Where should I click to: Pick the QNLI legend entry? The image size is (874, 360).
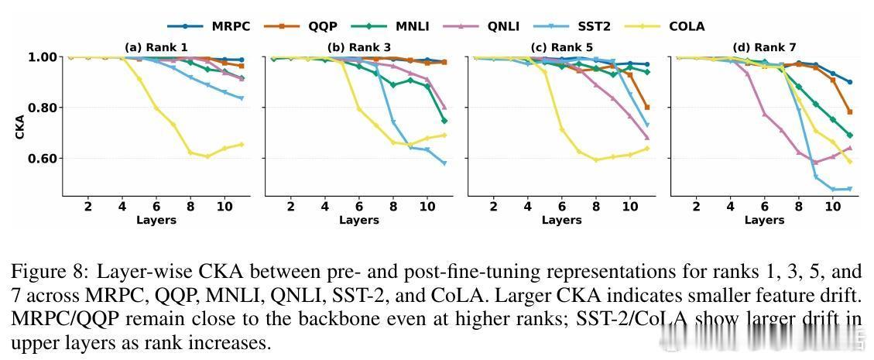(x=503, y=26)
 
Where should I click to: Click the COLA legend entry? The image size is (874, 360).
(x=686, y=26)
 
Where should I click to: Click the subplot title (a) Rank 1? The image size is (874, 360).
(x=156, y=47)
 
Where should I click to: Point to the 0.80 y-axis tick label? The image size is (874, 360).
(x=43, y=108)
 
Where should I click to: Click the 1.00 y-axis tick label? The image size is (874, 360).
(x=43, y=57)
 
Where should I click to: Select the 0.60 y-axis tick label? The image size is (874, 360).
(x=43, y=159)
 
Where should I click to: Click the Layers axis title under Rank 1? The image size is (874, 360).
(x=156, y=220)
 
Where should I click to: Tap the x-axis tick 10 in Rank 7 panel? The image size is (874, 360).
(x=832, y=207)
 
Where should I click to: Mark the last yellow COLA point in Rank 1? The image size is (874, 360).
(x=242, y=144)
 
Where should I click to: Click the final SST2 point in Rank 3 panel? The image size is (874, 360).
(x=444, y=163)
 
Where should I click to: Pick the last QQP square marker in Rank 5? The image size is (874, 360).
(x=646, y=108)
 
